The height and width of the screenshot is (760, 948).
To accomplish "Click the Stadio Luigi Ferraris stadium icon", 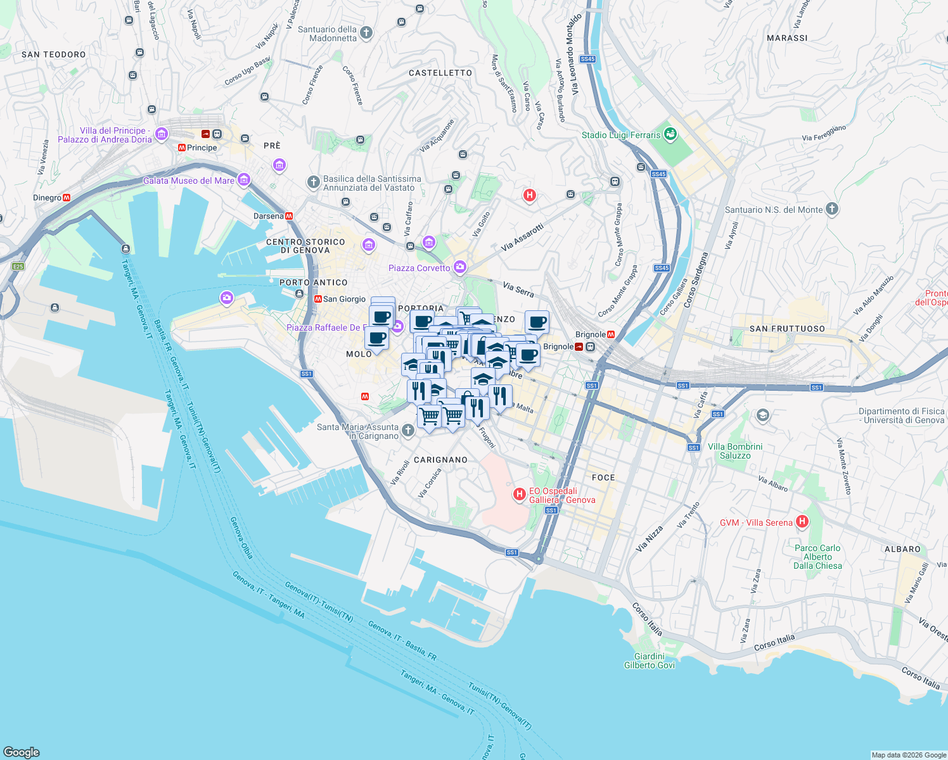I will tap(670, 134).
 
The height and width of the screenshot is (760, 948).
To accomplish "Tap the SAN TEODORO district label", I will tap(54, 54).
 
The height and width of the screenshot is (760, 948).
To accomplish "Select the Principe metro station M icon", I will tap(182, 148).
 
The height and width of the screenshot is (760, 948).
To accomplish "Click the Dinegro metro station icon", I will tap(67, 198).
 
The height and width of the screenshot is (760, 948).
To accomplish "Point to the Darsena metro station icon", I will tap(289, 216).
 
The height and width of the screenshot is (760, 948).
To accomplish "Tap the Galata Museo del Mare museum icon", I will tap(243, 180).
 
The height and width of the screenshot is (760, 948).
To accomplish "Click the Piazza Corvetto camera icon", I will tap(460, 267).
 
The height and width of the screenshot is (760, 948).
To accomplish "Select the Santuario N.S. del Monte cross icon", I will tap(832, 209).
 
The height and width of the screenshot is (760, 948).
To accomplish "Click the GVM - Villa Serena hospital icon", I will tap(802, 522).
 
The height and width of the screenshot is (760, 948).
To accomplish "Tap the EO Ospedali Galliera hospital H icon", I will tap(520, 493).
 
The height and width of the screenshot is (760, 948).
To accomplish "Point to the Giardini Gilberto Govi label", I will tap(650, 661).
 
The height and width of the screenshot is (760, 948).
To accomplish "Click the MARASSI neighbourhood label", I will tap(787, 38).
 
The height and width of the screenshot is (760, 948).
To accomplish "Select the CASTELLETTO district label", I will tap(440, 73).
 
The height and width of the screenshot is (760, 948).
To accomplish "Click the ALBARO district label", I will tap(902, 549).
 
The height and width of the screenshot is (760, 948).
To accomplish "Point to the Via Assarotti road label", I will tap(523, 237).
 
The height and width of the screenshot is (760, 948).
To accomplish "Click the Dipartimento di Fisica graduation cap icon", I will tap(763, 415).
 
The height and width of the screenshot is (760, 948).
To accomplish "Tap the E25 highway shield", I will tap(18, 266).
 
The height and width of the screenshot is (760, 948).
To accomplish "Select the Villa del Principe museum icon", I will tap(161, 134).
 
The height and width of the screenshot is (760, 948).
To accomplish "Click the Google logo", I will tap(22, 752).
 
